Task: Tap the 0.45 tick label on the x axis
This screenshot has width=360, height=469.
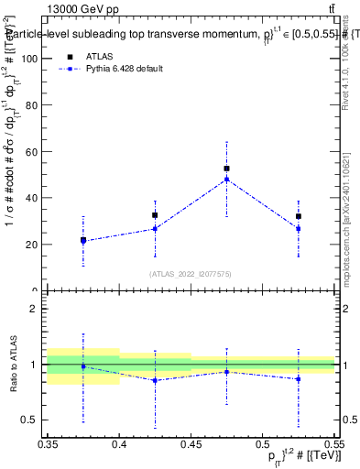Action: (x=191, y=444)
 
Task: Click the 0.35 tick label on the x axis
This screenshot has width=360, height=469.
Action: (x=49, y=444)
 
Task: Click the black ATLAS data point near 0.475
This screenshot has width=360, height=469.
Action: (x=226, y=169)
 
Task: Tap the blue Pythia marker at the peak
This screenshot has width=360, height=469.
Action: (x=226, y=180)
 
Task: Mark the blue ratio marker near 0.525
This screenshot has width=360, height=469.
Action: (x=298, y=378)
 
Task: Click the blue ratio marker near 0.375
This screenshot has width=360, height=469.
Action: (x=83, y=366)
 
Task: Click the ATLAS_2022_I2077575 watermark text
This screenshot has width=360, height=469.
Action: (x=191, y=273)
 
